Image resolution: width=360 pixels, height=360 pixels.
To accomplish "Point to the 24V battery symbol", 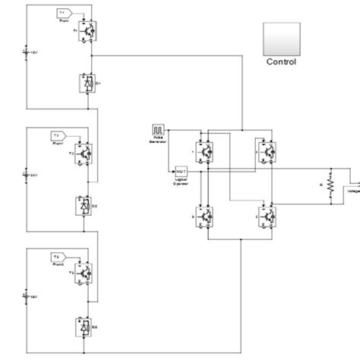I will coord(27,174).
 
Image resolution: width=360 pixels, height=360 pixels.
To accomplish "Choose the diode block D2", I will coord(84,205).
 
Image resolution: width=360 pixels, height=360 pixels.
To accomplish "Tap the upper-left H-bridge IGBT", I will coord(203,152).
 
